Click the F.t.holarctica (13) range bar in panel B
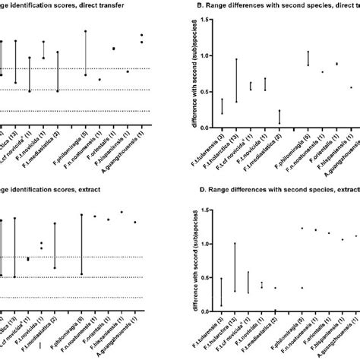click(236, 80)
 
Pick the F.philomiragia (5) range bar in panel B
click(308, 58)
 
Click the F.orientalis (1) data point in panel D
click(329, 232)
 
